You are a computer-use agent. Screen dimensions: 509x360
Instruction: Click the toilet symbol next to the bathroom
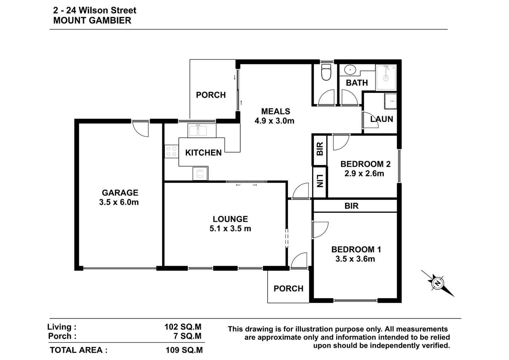326,72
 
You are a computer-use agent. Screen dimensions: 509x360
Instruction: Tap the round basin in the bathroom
350,70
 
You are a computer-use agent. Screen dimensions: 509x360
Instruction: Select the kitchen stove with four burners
171,151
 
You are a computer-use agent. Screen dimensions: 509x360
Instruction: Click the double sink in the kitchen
198,131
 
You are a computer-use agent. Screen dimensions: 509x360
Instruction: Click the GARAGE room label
120,193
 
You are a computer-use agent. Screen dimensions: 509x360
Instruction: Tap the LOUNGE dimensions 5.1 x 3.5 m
230,228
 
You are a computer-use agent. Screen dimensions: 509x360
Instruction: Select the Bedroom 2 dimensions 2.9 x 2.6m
364,174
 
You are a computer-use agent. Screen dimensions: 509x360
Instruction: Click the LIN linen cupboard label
320,181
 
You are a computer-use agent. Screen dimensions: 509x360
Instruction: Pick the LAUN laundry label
382,119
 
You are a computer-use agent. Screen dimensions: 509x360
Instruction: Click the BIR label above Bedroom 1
352,206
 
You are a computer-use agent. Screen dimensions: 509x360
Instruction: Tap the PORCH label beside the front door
288,288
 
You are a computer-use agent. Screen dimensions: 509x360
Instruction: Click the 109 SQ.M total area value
184,350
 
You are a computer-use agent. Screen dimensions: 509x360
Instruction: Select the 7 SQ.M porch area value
187,336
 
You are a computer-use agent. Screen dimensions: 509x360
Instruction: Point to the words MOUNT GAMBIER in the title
92,20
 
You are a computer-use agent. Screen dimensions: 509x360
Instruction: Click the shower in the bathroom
386,77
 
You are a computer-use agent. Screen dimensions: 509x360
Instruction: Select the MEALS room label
275,111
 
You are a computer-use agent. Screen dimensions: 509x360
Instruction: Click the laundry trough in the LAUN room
391,101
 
